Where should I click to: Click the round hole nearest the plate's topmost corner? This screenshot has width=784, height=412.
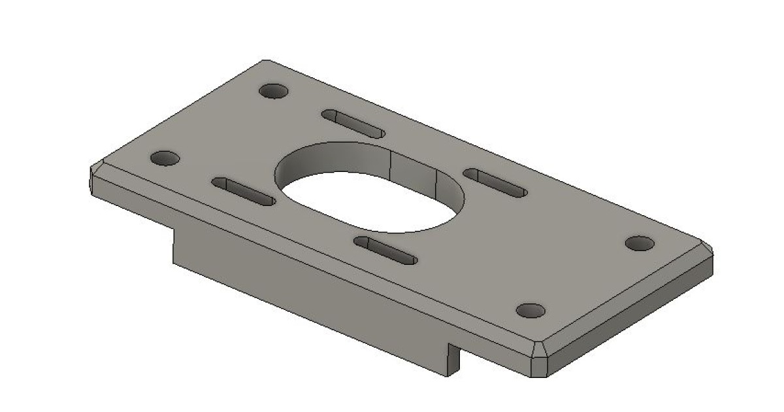(274, 91)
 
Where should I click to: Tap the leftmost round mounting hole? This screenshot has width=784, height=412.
(165, 158)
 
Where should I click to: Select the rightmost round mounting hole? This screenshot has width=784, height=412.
(640, 243)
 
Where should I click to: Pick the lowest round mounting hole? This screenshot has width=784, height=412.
(530, 310)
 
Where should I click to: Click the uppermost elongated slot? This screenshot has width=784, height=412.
(353, 123)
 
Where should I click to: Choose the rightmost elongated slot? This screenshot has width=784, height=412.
(495, 182)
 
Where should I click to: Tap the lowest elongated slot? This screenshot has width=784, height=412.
(385, 250)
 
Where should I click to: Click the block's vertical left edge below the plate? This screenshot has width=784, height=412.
(173, 245)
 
